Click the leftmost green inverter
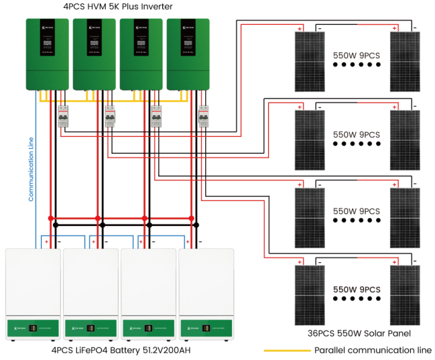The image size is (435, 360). pos(48,54)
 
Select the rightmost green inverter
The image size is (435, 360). pos(188,54)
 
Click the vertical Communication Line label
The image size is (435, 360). pos(31,169)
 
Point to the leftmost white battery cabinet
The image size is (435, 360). pos(32,294)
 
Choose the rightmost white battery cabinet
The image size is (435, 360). pos(206,294)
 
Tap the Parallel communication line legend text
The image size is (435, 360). pos(373,350)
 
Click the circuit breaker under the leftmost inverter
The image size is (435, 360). pos(64,117)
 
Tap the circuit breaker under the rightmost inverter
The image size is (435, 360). pos(204,117)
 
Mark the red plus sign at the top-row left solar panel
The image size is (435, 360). pos(301,28)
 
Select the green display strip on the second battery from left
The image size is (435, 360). pos(90,329)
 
